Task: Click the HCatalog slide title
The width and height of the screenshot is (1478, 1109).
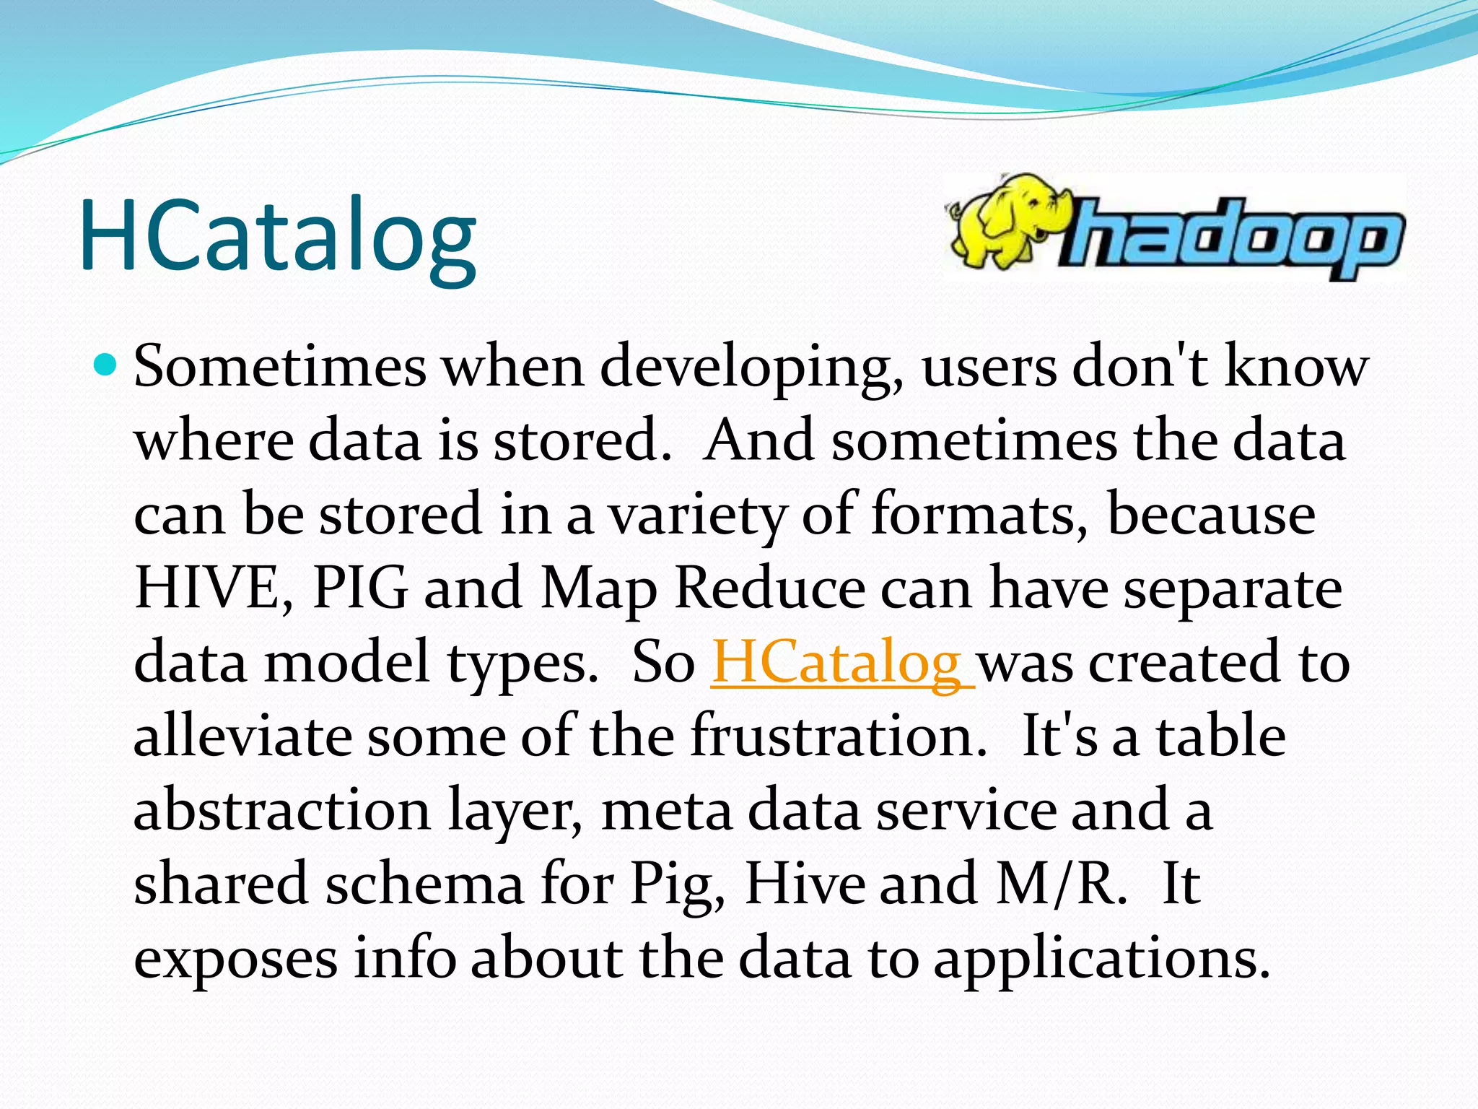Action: coord(278,235)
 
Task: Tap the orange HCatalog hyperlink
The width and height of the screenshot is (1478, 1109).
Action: coord(841,662)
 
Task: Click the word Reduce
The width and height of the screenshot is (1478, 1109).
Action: coord(769,588)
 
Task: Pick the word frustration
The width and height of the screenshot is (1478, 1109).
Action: coord(837,736)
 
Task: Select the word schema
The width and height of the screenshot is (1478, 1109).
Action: coord(424,884)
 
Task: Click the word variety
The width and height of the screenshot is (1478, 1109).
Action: coord(697,516)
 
